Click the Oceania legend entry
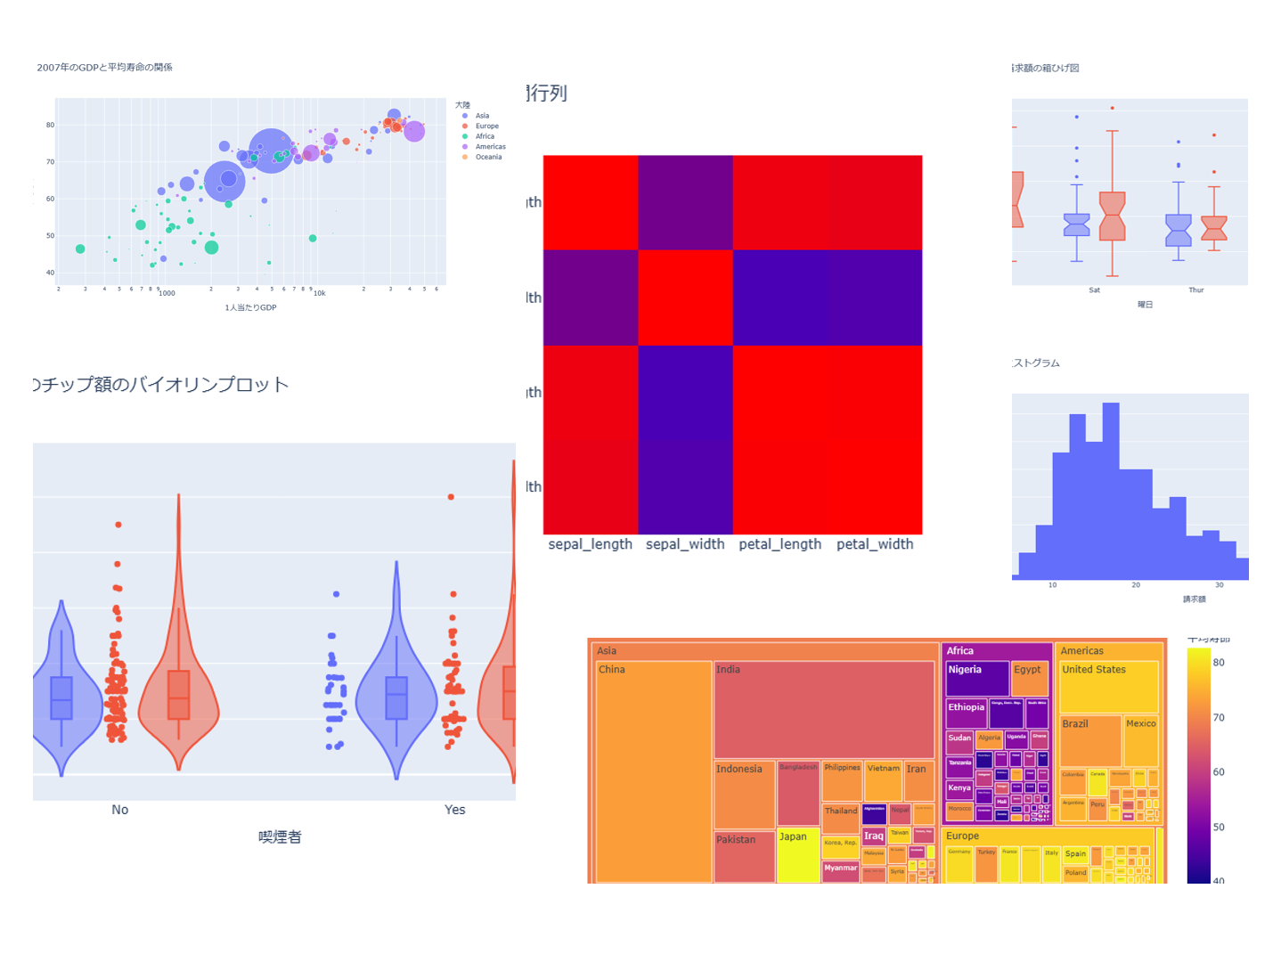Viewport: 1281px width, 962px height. pos(488,157)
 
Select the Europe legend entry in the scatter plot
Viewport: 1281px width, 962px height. pos(486,126)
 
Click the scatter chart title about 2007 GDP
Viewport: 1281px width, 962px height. pos(105,68)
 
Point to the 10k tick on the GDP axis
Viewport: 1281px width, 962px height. pos(319,293)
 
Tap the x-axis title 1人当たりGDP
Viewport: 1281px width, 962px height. pos(250,308)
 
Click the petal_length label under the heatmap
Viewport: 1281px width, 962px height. pos(779,544)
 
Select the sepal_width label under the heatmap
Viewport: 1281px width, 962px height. pos(685,544)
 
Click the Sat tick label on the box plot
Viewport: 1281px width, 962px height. pos(1094,290)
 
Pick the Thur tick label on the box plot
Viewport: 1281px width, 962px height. pos(1195,290)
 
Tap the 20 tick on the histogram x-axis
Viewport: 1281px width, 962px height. pos(1136,585)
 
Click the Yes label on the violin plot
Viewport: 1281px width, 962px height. pos(454,810)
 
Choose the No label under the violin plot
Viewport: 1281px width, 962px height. pos(120,810)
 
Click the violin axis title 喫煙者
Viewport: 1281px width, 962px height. pos(280,837)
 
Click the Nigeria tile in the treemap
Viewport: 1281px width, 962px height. pos(976,678)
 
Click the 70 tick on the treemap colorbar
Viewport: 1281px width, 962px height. pos(1219,718)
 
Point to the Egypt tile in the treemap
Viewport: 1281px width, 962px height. pos(1029,678)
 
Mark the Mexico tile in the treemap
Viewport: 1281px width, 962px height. pos(1140,739)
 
